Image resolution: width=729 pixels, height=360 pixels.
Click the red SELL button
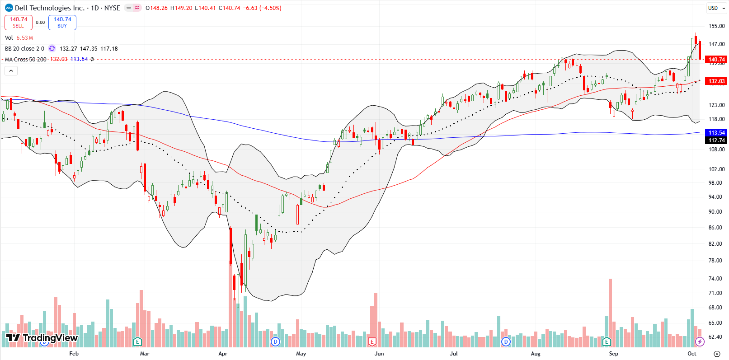point(18,22)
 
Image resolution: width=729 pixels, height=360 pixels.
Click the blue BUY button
point(62,22)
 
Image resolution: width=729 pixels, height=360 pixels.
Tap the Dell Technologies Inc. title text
point(49,8)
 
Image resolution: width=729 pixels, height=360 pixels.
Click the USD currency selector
point(713,8)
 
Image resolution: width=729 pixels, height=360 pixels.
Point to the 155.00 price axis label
point(717,26)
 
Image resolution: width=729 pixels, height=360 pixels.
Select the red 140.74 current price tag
point(716,59)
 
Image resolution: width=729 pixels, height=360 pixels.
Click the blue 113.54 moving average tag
point(716,132)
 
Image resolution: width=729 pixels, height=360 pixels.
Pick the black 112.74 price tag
point(716,140)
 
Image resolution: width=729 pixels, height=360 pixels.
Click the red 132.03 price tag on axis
point(716,81)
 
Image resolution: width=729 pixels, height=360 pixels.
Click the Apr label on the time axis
point(223,354)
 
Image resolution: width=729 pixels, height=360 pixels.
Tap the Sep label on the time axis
point(613,354)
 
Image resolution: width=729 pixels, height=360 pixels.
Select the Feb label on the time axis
point(74,354)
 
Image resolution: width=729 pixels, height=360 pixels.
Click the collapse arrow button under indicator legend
point(11,70)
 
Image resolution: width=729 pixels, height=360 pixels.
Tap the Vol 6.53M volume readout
point(19,38)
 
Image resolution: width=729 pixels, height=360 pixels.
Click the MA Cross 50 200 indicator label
point(25,59)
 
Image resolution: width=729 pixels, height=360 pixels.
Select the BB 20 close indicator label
point(24,48)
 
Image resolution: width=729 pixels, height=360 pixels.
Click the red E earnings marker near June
point(372,341)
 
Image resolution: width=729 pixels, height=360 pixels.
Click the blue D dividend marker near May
point(275,341)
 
